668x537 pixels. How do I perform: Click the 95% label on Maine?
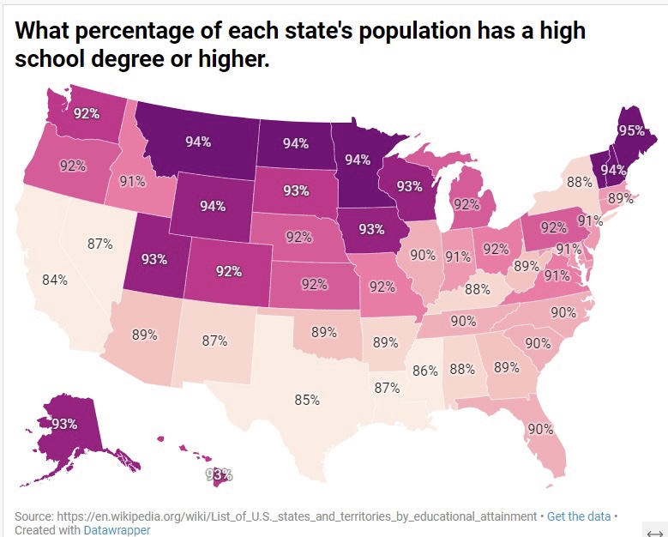631,131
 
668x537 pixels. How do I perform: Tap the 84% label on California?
55,280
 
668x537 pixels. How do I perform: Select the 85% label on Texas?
307,400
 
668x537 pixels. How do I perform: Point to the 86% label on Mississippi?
424,371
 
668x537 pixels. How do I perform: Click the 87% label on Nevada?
100,244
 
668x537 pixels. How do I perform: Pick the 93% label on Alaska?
64,424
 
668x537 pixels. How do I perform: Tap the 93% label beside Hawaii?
219,474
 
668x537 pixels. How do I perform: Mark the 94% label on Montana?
198,142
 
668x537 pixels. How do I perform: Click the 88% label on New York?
579,182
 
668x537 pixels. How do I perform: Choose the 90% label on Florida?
540,428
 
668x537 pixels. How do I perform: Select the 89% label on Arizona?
145,335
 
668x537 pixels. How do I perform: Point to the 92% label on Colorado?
228,272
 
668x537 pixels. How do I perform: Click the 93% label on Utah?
153,258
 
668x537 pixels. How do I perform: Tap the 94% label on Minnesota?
358,160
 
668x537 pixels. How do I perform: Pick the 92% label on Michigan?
466,204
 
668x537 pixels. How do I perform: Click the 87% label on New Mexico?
214,341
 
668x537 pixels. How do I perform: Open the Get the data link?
579,516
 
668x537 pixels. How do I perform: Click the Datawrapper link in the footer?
117,530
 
